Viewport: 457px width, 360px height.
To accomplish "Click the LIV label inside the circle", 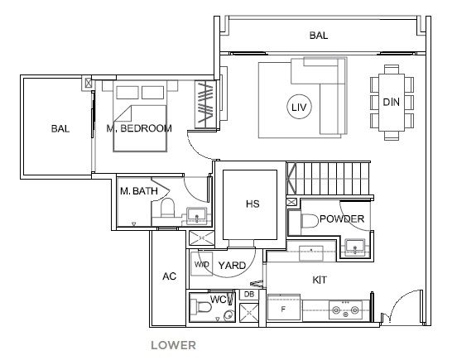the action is click(299, 108).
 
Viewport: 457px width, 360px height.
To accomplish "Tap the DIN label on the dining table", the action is click(391, 102).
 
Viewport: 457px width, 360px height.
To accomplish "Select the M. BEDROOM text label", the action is click(139, 128).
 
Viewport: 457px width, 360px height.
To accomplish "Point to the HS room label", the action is click(253, 204).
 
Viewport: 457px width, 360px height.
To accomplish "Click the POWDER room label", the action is click(342, 218).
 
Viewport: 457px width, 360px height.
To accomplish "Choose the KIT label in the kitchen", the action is click(320, 280).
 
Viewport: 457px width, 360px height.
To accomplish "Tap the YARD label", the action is click(232, 266).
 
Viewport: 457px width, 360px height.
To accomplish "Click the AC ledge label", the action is click(170, 276).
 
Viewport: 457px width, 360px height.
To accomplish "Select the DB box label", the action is click(249, 295).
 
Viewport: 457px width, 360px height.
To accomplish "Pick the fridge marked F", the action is click(284, 308).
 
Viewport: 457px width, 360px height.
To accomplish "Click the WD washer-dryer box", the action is click(202, 264).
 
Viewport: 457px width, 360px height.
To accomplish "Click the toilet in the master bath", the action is click(167, 207).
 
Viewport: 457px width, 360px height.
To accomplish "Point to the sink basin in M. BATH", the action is click(196, 215).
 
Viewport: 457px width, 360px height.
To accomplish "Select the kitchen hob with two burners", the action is click(345, 310).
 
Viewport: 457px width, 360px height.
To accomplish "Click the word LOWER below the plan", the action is click(173, 345).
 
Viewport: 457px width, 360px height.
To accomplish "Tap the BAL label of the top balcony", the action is click(319, 36).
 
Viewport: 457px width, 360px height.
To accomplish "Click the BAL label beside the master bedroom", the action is click(60, 128).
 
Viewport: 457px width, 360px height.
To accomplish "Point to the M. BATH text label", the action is click(139, 191).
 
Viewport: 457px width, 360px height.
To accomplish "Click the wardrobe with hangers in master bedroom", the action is click(205, 104).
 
